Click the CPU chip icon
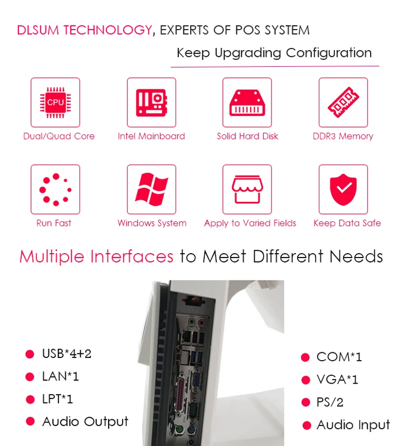(x=55, y=102)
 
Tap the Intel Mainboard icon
(x=151, y=102)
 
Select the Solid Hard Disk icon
(x=247, y=102)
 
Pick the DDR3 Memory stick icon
(x=343, y=102)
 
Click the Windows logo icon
(x=151, y=190)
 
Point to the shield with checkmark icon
(x=343, y=190)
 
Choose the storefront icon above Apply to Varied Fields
(x=247, y=190)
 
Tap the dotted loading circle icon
(x=55, y=190)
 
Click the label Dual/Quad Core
(x=59, y=136)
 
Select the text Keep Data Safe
(x=347, y=223)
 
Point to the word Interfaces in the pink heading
(x=132, y=256)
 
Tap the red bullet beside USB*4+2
(x=30, y=354)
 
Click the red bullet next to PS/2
(x=305, y=403)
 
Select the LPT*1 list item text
(x=57, y=399)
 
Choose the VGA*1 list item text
(x=337, y=380)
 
